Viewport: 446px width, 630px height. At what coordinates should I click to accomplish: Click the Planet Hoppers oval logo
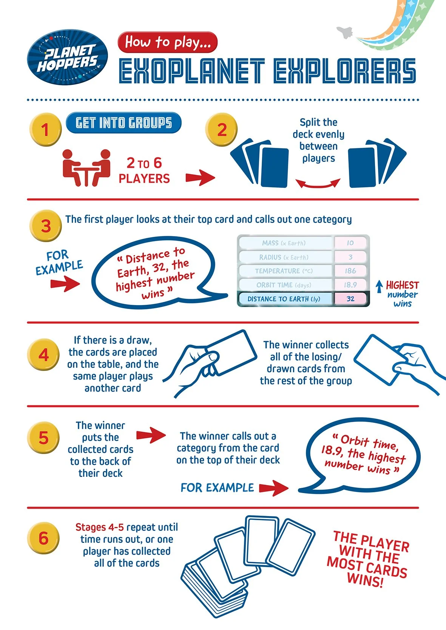point(68,57)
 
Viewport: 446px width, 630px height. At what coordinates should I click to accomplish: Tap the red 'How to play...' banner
point(168,42)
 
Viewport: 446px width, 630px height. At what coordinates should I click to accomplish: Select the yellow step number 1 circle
point(45,129)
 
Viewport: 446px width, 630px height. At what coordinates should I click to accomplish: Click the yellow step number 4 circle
point(43,355)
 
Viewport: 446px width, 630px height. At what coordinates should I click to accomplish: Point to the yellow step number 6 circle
point(43,538)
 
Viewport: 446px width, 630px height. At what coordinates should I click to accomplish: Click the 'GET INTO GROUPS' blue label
point(123,123)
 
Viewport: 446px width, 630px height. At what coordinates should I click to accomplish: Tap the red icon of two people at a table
point(86,167)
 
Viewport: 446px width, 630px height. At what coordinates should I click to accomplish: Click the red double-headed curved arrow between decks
point(318,184)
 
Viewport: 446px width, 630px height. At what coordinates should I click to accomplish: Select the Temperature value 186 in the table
point(350,271)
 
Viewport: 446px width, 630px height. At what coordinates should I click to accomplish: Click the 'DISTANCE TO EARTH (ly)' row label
point(284,299)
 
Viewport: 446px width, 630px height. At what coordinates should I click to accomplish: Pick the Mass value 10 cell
point(350,243)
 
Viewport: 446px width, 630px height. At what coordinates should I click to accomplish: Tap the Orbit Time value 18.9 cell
point(350,285)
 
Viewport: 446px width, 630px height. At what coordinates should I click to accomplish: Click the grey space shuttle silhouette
point(345,33)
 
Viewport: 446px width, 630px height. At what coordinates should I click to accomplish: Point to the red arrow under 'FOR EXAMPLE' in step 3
point(65,284)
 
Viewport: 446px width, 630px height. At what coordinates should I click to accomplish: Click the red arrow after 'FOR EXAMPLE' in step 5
point(274,488)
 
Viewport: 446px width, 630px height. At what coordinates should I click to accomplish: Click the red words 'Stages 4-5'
point(100,527)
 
